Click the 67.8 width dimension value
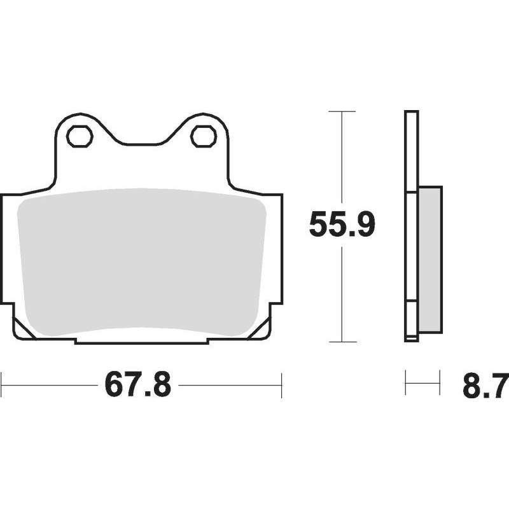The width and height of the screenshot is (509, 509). point(137,385)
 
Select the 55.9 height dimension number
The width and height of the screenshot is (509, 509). point(342,225)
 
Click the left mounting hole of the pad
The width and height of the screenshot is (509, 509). point(80,136)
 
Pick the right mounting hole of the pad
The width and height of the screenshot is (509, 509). point(204,136)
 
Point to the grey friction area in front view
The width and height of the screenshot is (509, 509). point(142,262)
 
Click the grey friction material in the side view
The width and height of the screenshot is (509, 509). point(431,259)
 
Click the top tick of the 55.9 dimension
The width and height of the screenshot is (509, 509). point(342,111)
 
